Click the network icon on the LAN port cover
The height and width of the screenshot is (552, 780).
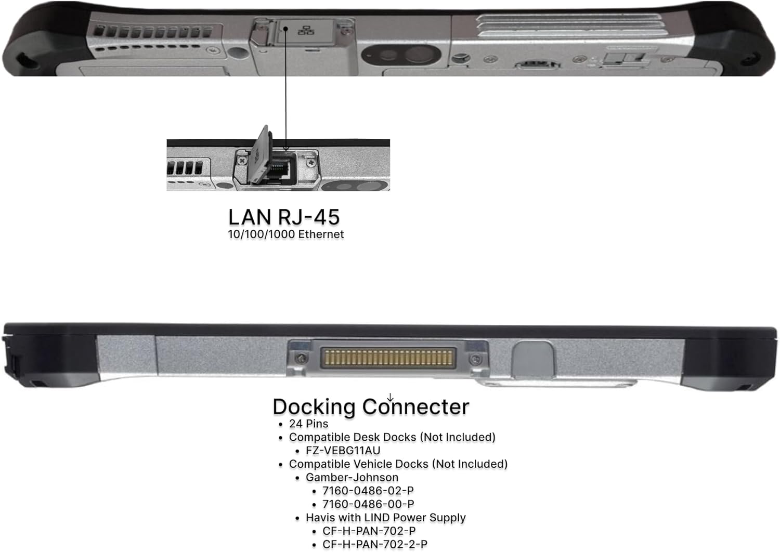tap(306, 31)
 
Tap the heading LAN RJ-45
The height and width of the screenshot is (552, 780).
tap(284, 217)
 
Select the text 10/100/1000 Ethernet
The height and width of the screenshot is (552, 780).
tap(286, 234)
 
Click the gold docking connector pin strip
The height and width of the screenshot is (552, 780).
tap(388, 358)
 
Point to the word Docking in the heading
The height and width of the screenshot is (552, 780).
tap(314, 407)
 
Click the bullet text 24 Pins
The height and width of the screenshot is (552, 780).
tap(308, 424)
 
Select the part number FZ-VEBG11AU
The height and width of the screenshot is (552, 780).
tap(343, 450)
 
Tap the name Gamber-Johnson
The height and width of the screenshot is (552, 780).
tap(352, 477)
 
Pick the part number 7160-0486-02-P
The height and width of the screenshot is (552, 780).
tap(368, 491)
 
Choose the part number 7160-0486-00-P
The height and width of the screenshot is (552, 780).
tap(368, 504)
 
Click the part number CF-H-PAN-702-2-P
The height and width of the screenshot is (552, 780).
tap(375, 544)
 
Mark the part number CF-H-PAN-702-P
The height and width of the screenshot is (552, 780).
tap(369, 531)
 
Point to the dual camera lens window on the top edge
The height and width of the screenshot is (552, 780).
tap(401, 55)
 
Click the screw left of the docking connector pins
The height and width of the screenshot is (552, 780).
tap(302, 358)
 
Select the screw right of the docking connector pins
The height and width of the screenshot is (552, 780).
tap(475, 359)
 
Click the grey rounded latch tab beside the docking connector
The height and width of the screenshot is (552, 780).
tap(533, 360)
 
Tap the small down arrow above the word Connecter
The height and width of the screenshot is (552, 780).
tap(390, 398)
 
